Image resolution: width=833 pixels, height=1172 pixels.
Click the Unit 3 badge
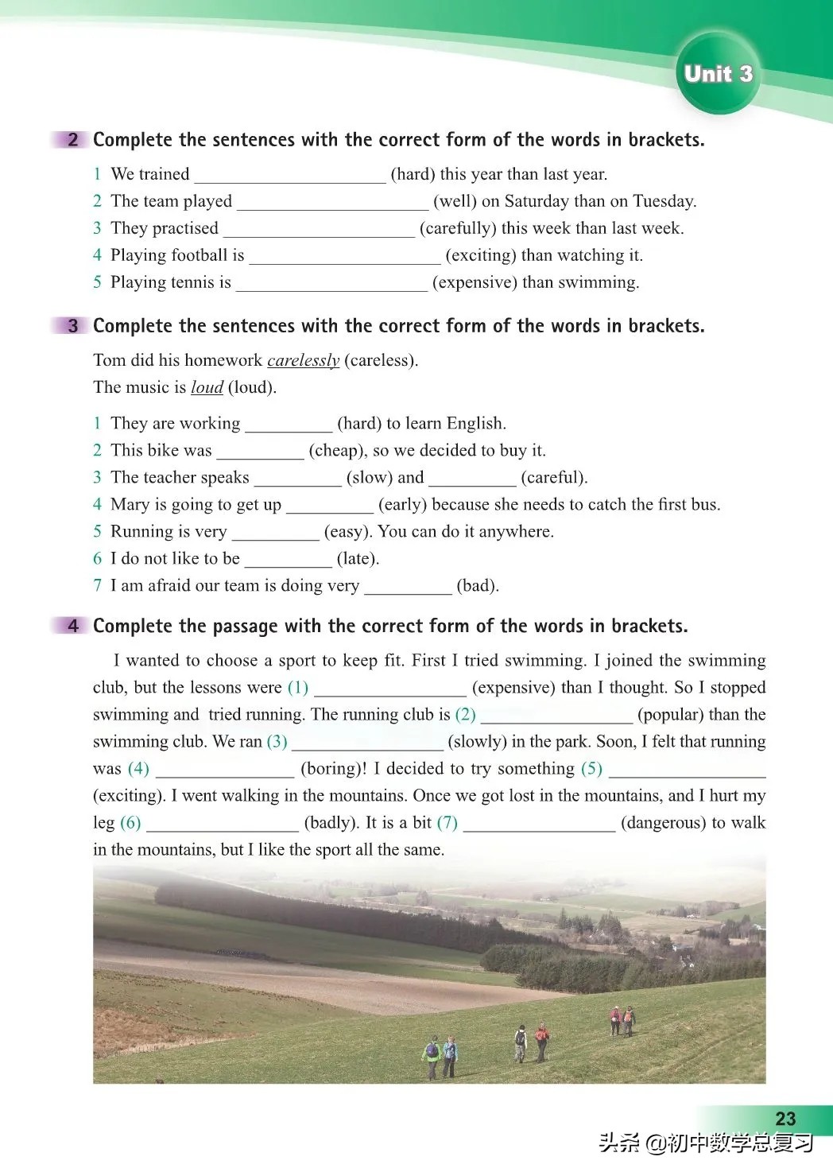(x=718, y=74)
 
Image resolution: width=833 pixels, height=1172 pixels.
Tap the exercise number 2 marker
(x=72, y=140)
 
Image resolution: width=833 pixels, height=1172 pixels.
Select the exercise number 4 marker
(x=72, y=626)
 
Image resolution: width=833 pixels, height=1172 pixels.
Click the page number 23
(x=785, y=1118)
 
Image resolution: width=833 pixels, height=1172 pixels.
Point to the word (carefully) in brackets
(x=458, y=228)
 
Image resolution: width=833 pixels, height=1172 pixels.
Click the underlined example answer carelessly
(x=303, y=360)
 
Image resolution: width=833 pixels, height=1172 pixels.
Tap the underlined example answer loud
(x=207, y=387)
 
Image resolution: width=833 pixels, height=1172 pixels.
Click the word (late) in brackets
(x=358, y=558)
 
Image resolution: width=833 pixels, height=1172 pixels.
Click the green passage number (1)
(x=298, y=687)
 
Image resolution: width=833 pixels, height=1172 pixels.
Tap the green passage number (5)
(x=591, y=768)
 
